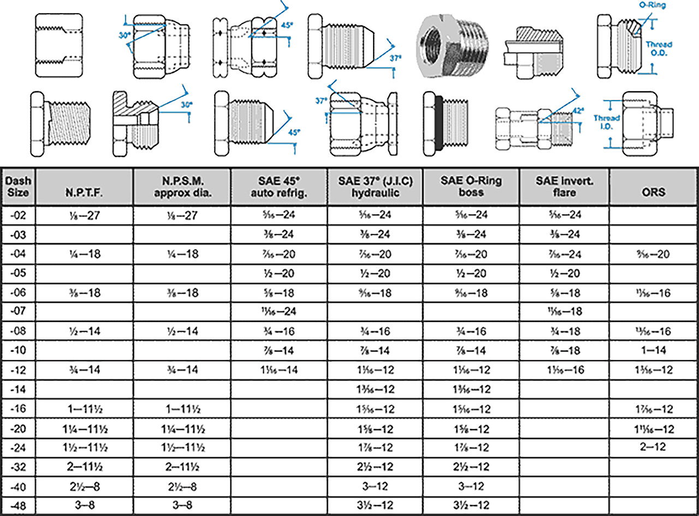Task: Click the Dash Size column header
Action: click(x=19, y=186)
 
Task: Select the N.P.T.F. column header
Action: click(x=86, y=192)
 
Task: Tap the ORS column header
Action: click(x=654, y=192)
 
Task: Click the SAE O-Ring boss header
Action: click(x=472, y=186)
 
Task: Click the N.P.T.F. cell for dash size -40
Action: click(x=86, y=486)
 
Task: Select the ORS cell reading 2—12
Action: click(x=654, y=447)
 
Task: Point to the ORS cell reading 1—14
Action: click(x=654, y=350)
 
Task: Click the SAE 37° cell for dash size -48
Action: click(x=375, y=505)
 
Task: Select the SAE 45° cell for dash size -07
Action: click(x=279, y=312)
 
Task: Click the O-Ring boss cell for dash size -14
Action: click(x=472, y=389)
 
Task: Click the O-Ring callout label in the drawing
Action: click(x=653, y=4)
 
